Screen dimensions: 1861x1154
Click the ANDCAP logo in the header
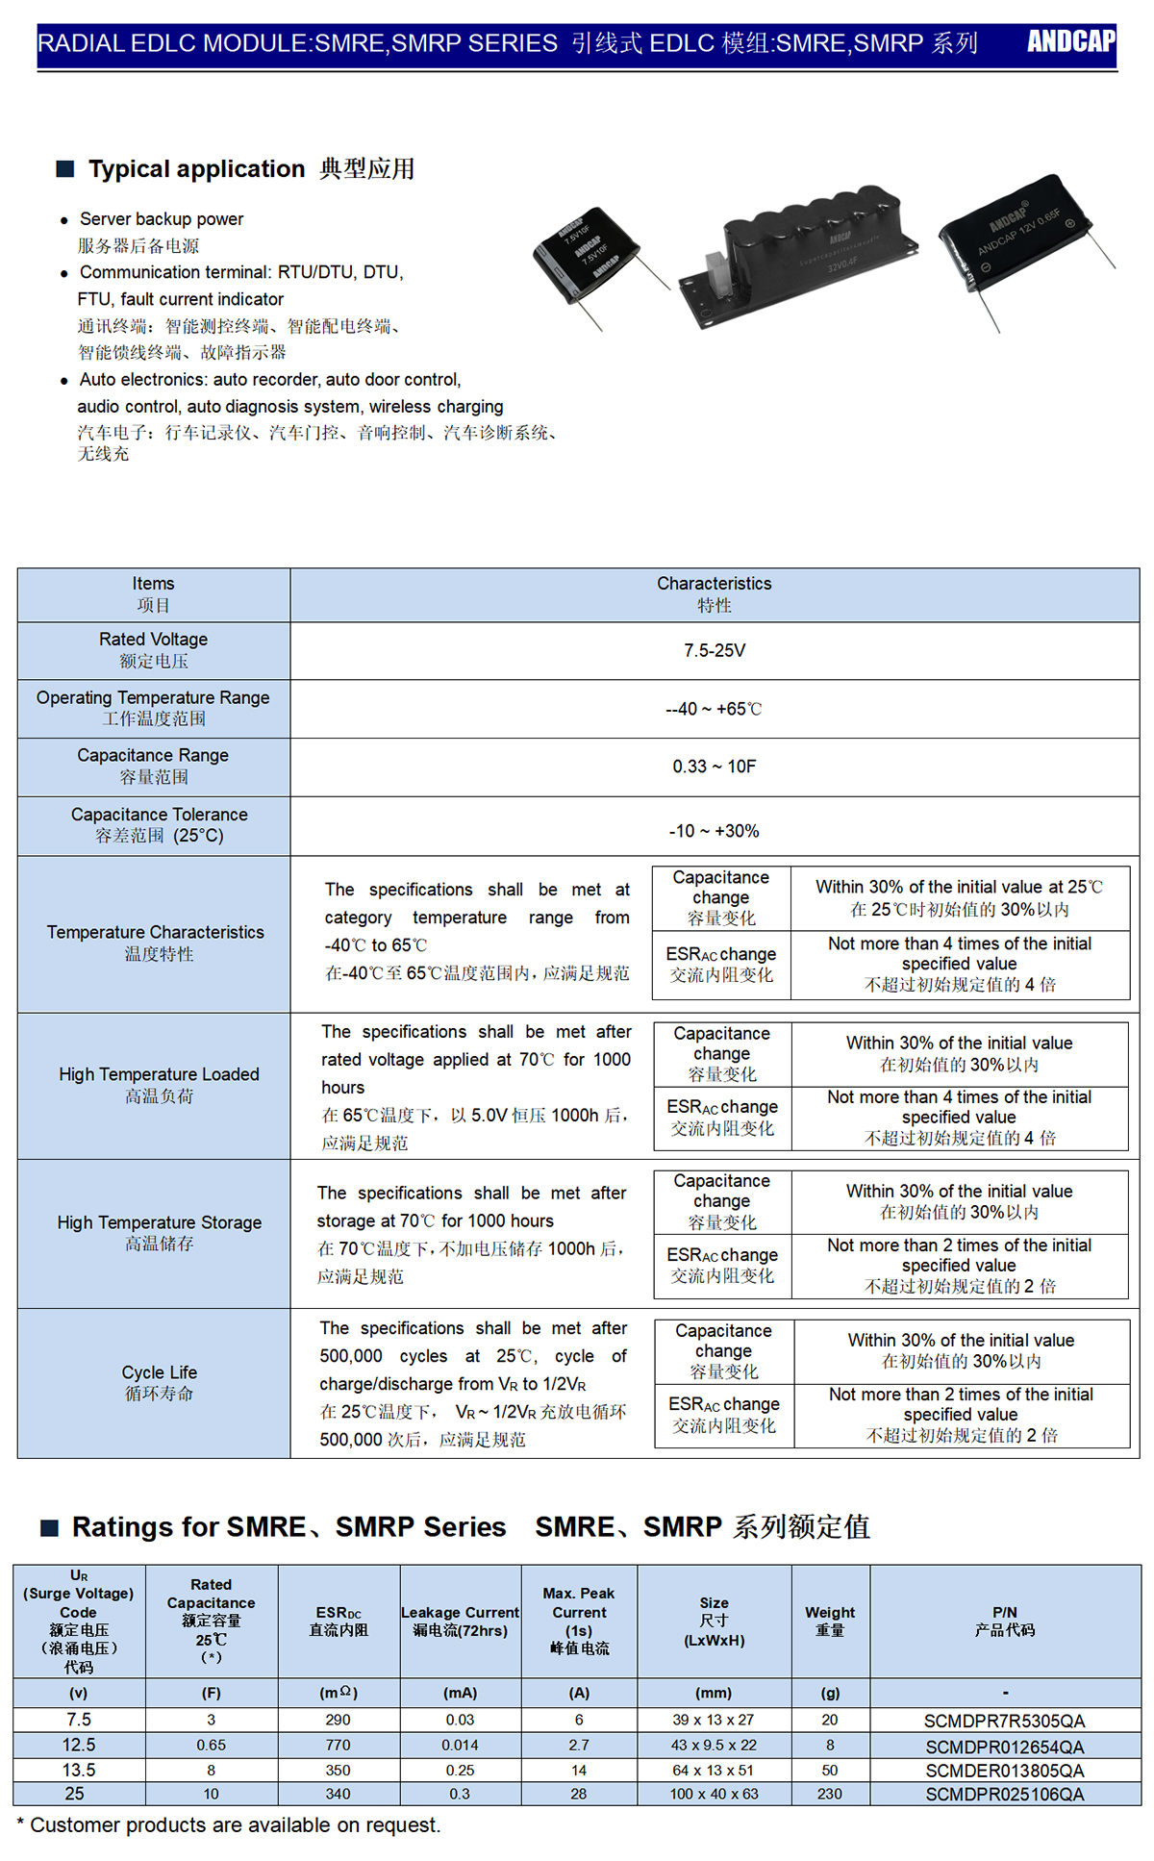[1070, 41]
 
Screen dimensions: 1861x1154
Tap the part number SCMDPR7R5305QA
[1004, 1721]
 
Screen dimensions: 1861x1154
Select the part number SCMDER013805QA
[1004, 1771]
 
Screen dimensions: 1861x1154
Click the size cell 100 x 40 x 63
[714, 1794]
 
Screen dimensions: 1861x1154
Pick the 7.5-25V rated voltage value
[715, 651]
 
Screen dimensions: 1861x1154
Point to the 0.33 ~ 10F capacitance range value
[715, 767]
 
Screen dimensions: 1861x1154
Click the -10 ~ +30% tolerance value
[715, 831]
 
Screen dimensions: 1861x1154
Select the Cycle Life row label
[159, 1382]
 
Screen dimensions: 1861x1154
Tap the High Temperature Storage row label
[159, 1232]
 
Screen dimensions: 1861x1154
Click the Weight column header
[830, 1621]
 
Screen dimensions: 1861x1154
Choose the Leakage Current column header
[460, 1621]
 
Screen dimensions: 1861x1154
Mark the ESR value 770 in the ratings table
[338, 1745]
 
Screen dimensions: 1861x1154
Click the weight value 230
[830, 1794]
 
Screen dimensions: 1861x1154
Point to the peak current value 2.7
[579, 1745]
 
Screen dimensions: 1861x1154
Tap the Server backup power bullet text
[162, 219]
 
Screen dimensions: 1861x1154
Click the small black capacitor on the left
[586, 254]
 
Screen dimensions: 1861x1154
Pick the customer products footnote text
[229, 1824]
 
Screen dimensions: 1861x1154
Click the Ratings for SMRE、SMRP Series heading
[288, 1526]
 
